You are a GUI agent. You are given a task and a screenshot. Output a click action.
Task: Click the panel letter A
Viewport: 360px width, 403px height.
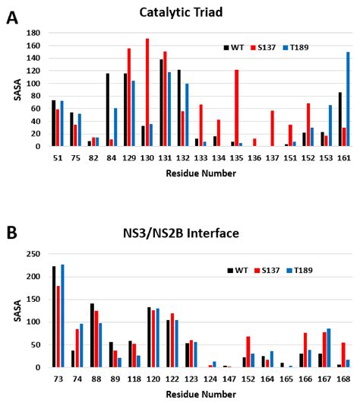[13, 17]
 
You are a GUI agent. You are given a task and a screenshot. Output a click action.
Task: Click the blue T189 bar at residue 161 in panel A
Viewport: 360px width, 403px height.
[349, 99]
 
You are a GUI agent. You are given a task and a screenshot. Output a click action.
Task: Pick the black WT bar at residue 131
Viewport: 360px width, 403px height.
[161, 103]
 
